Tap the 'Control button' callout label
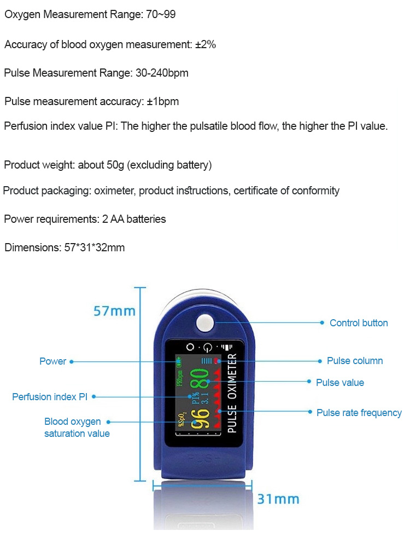coord(359,323)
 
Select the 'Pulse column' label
coord(355,361)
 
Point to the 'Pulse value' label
coord(340,383)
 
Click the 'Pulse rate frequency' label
coord(359,413)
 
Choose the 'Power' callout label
coord(52,361)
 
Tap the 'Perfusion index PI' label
coord(50,397)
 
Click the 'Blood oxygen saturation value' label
coord(77,428)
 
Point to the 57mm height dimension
coord(114,311)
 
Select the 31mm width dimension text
coord(278,499)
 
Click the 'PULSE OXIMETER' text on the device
coord(231,393)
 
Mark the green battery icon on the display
coord(180,362)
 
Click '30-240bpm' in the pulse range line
coord(162,73)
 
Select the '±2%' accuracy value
coord(206,44)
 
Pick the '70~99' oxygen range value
coord(161,15)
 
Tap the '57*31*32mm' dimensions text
coord(95,247)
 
